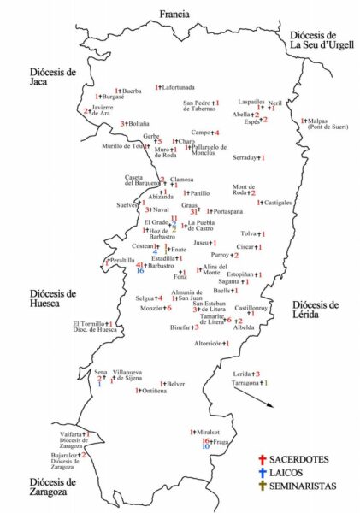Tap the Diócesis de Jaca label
[x=53, y=78]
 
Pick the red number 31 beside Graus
[x=194, y=211]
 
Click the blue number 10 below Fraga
[x=205, y=446]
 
